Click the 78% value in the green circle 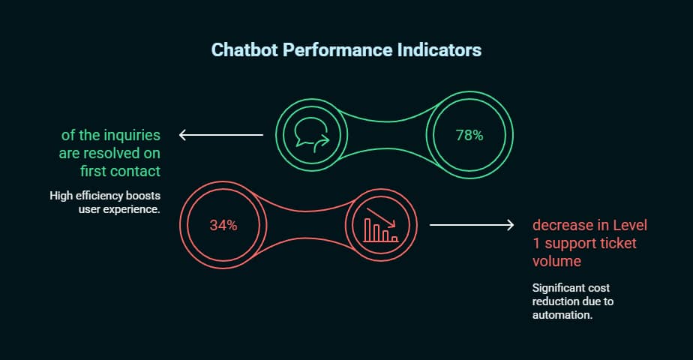(469, 136)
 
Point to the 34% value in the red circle (223, 225)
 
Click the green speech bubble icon (313, 136)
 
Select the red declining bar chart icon (379, 225)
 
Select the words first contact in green (111, 171)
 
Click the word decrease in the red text (563, 226)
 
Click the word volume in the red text (556, 262)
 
